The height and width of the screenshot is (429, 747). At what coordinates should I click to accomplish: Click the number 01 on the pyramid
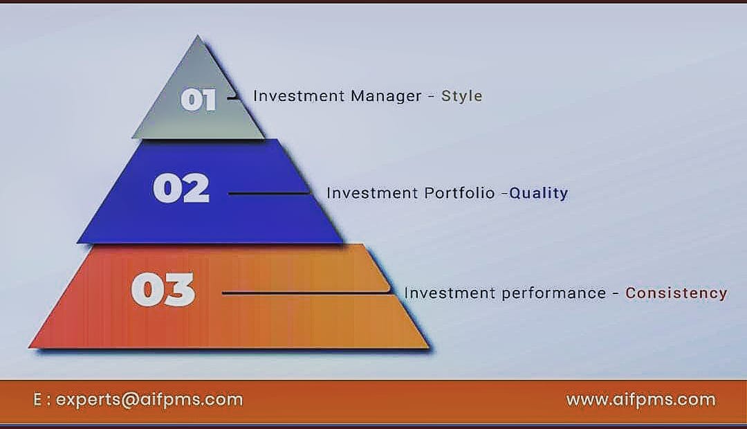click(x=199, y=100)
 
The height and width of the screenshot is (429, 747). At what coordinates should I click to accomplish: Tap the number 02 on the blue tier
click(x=181, y=188)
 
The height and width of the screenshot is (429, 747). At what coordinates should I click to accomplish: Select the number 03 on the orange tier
click(x=163, y=290)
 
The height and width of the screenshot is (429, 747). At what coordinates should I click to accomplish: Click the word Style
click(x=461, y=96)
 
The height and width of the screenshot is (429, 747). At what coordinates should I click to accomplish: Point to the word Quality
click(x=539, y=193)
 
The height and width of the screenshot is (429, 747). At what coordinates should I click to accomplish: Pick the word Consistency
click(x=676, y=293)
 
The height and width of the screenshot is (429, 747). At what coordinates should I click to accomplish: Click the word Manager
click(x=386, y=96)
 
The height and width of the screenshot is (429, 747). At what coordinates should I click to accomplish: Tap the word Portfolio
click(x=461, y=193)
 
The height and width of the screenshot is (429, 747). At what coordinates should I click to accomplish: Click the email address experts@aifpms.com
click(x=149, y=399)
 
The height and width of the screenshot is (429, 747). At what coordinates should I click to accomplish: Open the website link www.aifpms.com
click(x=640, y=399)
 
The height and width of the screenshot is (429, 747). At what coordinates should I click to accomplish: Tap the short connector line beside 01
click(x=234, y=98)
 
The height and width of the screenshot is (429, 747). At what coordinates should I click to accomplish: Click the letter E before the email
click(x=37, y=399)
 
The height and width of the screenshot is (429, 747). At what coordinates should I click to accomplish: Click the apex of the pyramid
click(x=199, y=37)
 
